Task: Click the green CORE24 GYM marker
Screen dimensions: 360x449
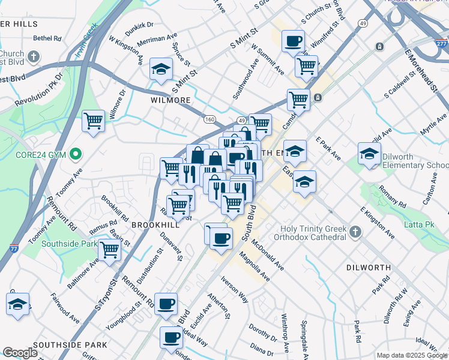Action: [x=75, y=155]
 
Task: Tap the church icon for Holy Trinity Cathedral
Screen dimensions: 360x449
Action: [x=355, y=231]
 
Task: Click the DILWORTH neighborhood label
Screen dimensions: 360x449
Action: [x=369, y=267]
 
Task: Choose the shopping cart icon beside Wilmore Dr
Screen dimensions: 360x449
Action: [x=94, y=122]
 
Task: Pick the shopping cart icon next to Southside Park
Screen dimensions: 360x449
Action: [x=109, y=250]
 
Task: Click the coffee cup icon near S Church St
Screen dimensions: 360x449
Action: [x=293, y=41]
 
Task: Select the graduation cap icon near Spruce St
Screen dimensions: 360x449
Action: [x=161, y=70]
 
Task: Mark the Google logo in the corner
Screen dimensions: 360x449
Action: [x=20, y=352]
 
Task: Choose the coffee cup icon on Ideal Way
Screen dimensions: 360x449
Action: [x=172, y=338]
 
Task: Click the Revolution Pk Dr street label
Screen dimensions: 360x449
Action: [x=39, y=92]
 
